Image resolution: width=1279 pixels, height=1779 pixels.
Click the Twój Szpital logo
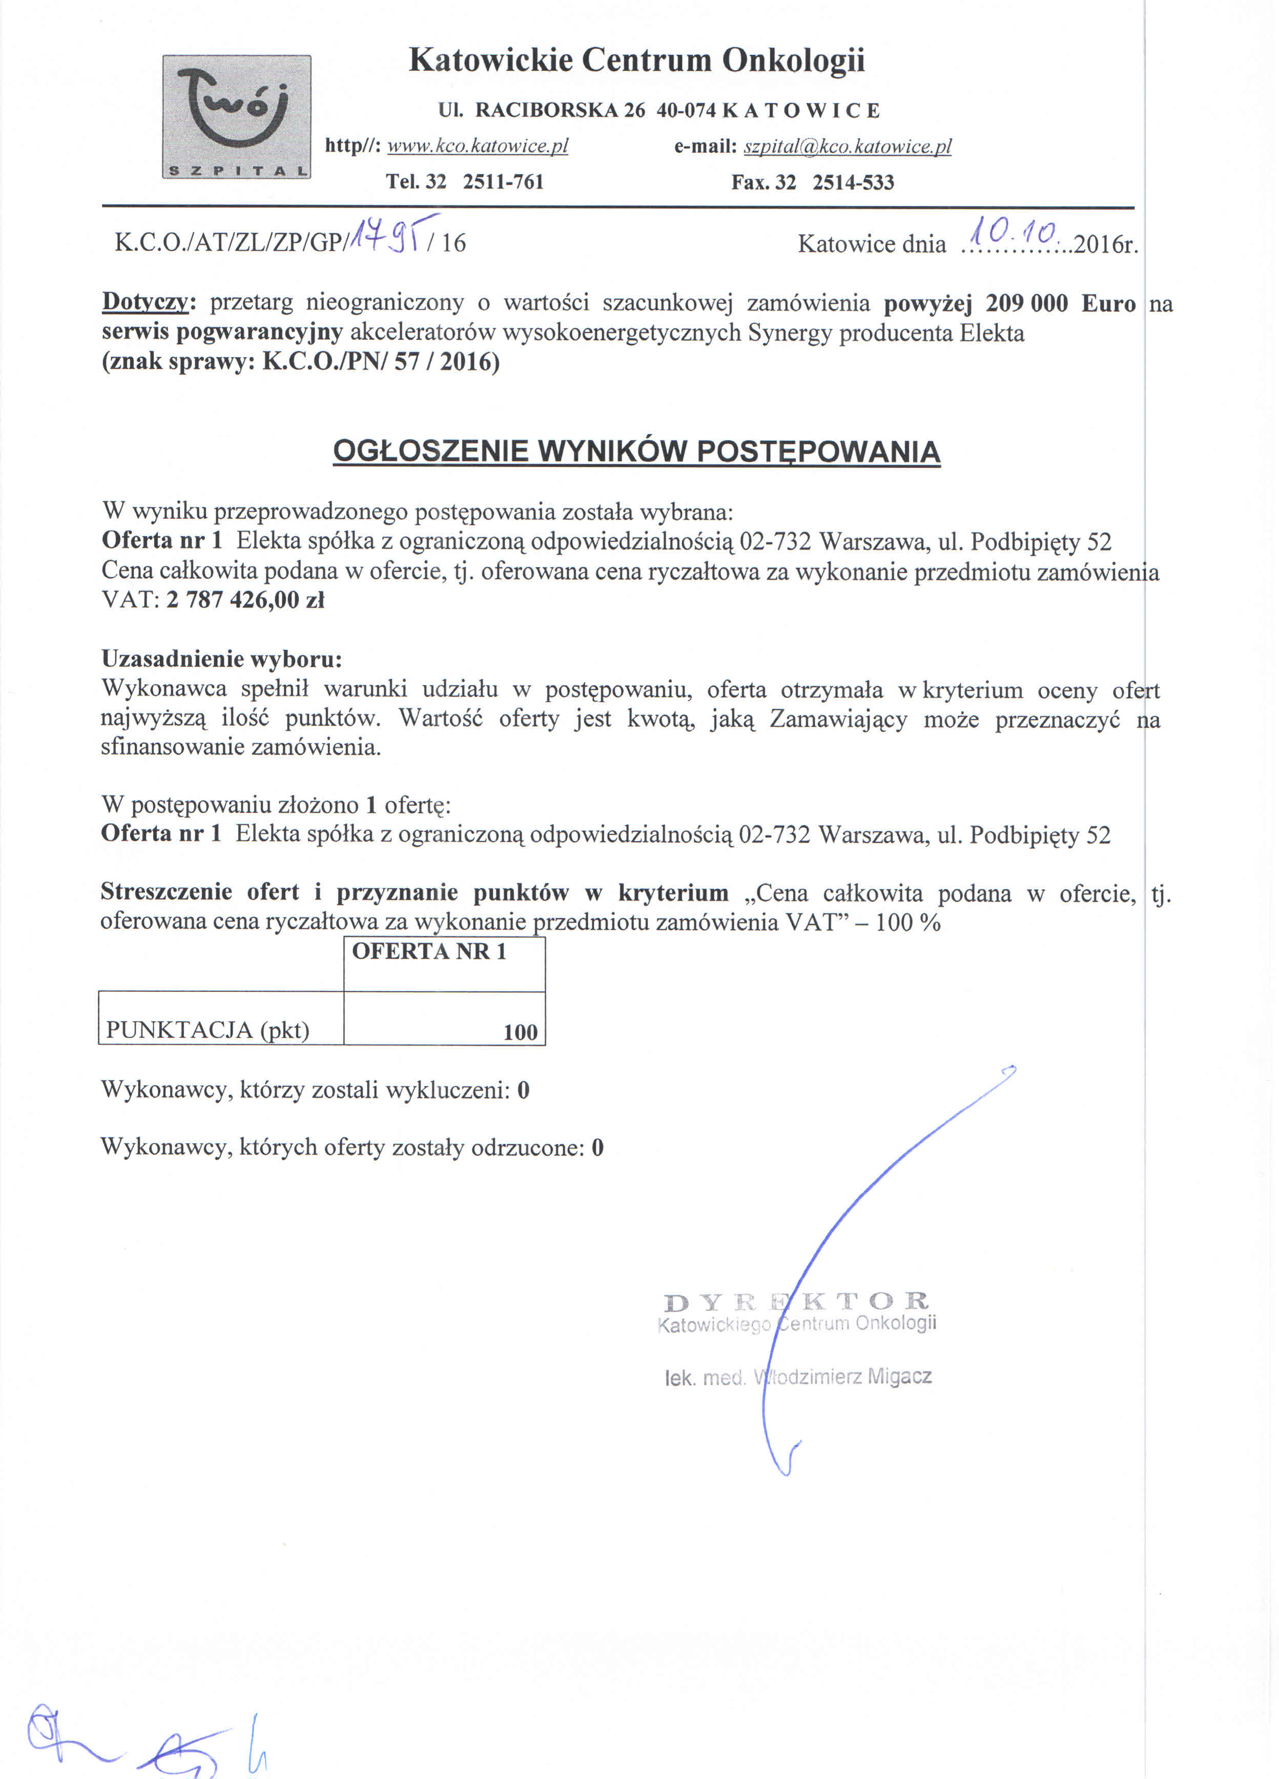[x=236, y=117]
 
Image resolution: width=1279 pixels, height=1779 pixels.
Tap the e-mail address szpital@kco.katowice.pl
[x=847, y=147]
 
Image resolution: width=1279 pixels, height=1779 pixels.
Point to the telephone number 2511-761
[x=503, y=182]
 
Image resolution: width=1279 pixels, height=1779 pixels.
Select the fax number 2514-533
[x=853, y=183]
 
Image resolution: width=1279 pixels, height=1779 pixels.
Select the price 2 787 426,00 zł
[x=245, y=600]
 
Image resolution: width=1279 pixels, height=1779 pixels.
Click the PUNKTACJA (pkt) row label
[x=208, y=1030]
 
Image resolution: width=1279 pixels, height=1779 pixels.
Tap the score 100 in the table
[x=520, y=1032]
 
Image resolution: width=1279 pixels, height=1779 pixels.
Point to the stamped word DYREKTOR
[x=796, y=1302]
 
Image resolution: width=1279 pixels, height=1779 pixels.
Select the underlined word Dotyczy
[x=145, y=303]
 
